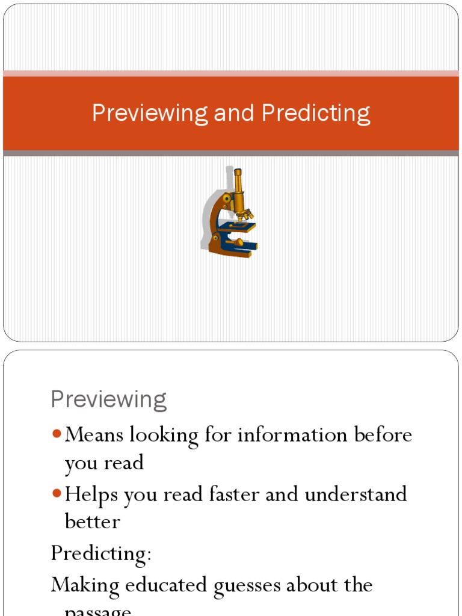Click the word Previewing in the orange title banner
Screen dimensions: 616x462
coord(150,114)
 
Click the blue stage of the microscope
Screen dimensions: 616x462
coord(236,227)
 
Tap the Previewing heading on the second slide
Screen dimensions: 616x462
coord(109,399)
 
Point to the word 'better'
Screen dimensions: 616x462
coord(93,521)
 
